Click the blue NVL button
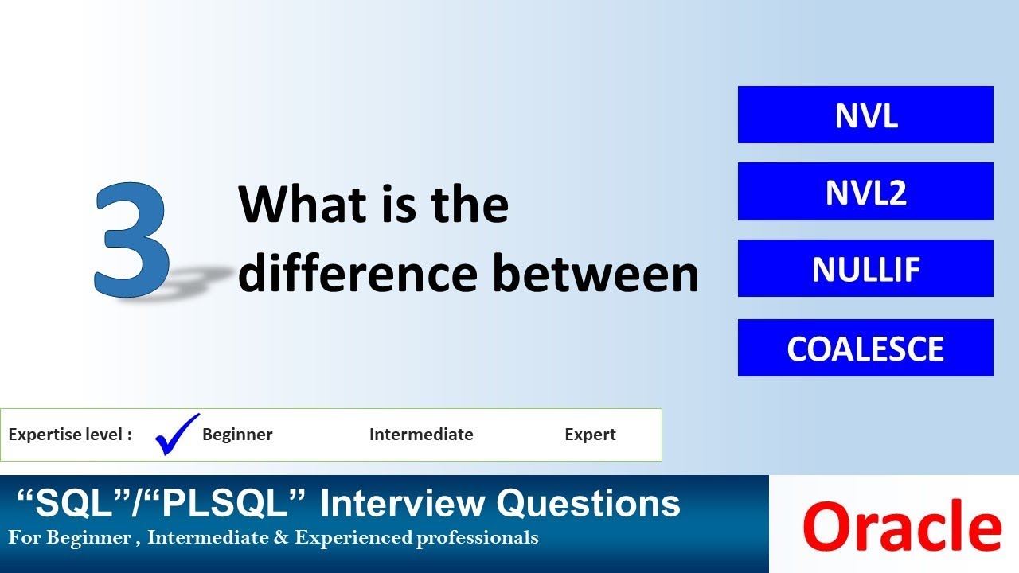click(x=865, y=115)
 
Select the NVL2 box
click(x=865, y=192)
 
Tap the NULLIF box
click(x=865, y=269)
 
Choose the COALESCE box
click(x=865, y=348)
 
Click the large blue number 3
click(x=132, y=240)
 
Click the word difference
click(x=357, y=273)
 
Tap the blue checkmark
click(x=176, y=434)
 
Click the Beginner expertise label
click(x=237, y=435)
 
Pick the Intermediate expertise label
click(x=421, y=435)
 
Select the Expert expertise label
click(x=590, y=435)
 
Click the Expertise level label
click(x=70, y=435)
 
